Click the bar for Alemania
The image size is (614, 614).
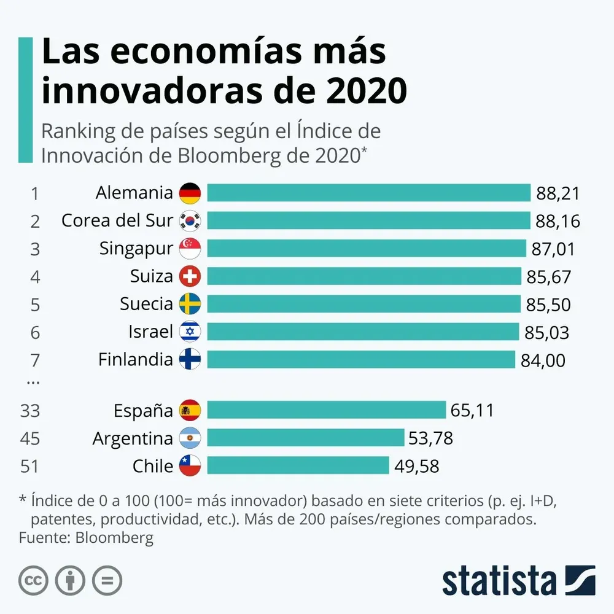(368, 193)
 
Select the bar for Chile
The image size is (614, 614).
(298, 465)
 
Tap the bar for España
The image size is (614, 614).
(326, 410)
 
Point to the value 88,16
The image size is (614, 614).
(558, 221)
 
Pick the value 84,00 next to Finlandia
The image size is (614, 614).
(543, 360)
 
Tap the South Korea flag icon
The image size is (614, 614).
(190, 220)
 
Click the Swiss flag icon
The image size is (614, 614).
(190, 276)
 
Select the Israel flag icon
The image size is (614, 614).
(190, 332)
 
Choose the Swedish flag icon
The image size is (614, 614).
(190, 304)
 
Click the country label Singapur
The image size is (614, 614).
(136, 249)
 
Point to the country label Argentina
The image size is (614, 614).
(133, 438)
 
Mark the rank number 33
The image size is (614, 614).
(29, 410)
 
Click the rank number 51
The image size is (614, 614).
(29, 466)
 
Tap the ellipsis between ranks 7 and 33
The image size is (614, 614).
(33, 382)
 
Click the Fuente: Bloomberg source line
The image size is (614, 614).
(86, 538)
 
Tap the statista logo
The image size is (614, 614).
(519, 580)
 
